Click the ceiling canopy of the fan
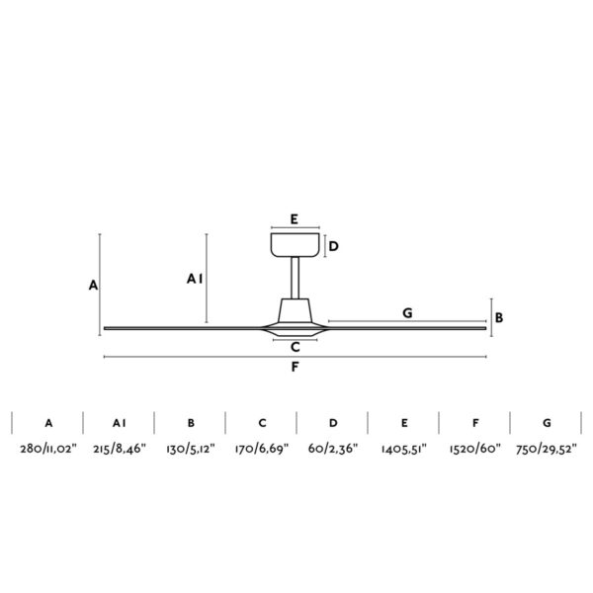295,245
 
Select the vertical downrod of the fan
295,278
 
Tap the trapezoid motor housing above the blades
295,310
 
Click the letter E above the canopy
295,219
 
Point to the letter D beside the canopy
334,246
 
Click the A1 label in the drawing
195,279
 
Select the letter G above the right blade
407,312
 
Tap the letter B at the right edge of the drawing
499,317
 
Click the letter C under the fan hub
296,347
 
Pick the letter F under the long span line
295,367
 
